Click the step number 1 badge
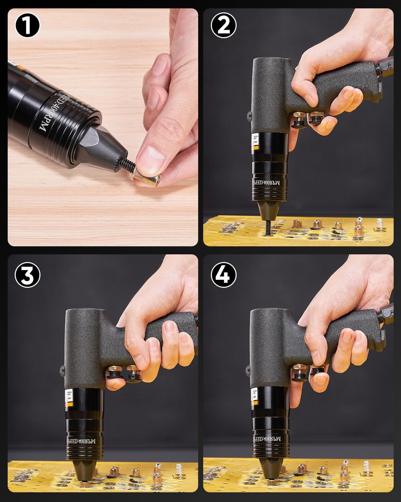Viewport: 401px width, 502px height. [x=27, y=25]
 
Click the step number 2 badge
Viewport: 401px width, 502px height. [x=224, y=25]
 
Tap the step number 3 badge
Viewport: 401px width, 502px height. [x=27, y=275]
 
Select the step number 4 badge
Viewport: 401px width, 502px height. [x=224, y=275]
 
